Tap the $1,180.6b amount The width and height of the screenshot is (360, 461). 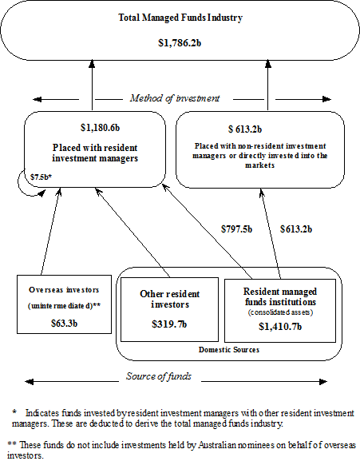pos(99,128)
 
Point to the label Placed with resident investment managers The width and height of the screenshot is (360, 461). pos(98,153)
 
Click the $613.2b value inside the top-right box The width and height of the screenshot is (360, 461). pos(257,129)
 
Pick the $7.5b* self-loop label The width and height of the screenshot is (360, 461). pos(42,175)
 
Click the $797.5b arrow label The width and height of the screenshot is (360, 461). pos(236,229)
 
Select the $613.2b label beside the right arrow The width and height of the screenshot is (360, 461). pos(295,229)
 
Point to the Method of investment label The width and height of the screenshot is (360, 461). pos(173,98)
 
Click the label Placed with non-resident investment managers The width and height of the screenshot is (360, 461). pos(257,153)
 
